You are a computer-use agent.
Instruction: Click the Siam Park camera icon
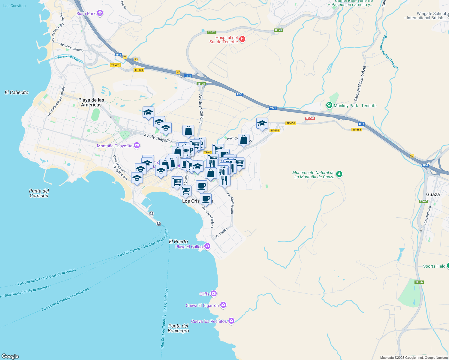100,13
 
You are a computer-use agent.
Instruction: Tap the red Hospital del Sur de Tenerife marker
242,39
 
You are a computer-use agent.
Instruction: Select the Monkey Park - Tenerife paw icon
329,105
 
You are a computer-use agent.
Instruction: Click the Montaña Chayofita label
114,146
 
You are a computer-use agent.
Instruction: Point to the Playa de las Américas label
91,102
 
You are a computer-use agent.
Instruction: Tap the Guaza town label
433,194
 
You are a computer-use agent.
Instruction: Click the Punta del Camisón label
39,193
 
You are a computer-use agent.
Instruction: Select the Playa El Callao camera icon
207,246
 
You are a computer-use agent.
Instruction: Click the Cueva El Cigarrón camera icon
223,305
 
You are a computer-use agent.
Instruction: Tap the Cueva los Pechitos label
209,321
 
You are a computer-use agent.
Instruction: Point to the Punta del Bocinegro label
178,328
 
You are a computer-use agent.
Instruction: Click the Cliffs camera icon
213,294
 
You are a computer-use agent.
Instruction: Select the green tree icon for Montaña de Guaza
339,174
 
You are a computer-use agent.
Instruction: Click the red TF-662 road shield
310,118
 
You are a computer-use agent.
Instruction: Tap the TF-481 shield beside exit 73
139,70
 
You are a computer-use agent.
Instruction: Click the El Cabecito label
17,92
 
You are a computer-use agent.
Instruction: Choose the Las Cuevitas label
14,6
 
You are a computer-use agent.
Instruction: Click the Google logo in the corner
10,356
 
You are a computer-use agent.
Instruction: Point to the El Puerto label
178,241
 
